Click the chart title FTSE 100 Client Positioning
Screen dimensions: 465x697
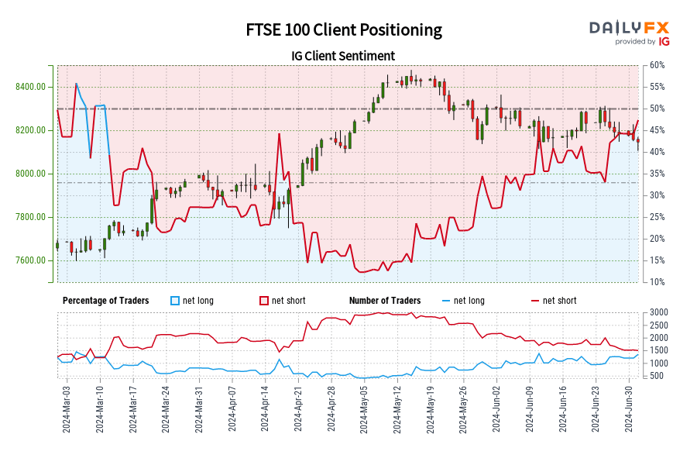344,30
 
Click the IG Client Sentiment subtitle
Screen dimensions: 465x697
343,56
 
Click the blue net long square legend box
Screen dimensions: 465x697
174,301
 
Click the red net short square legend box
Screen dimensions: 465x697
263,301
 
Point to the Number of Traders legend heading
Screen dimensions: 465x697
385,301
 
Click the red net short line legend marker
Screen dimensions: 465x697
534,301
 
